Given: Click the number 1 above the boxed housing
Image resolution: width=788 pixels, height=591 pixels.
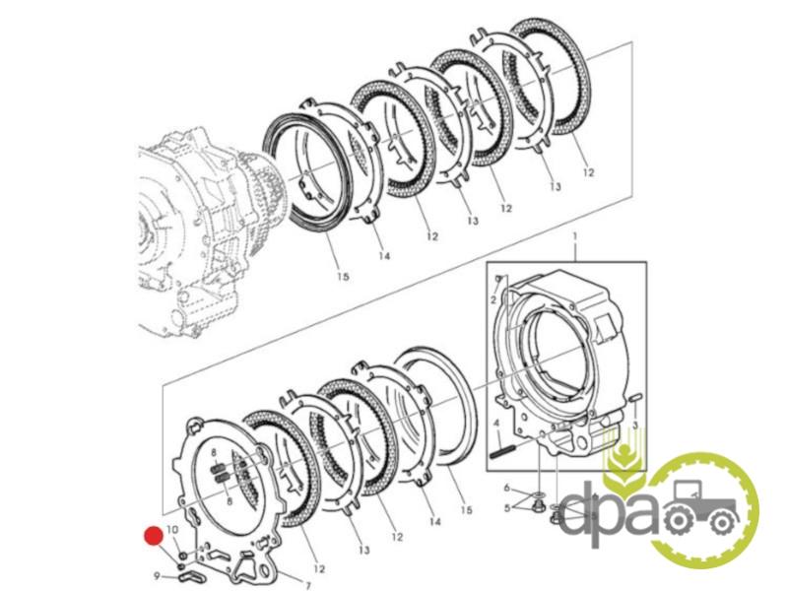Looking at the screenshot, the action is pos(575,236).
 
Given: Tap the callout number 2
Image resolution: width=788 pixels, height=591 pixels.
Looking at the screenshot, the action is pos(493,300).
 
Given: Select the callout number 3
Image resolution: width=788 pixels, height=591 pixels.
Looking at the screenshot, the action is pos(634,426).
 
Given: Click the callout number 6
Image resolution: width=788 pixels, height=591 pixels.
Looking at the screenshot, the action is pos(507,488).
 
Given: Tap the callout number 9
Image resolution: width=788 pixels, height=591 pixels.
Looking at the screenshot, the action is pos(157,576).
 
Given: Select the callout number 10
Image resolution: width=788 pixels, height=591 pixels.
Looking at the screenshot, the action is pos(171,530).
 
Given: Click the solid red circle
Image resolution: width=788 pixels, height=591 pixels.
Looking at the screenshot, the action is pos(154,536).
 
